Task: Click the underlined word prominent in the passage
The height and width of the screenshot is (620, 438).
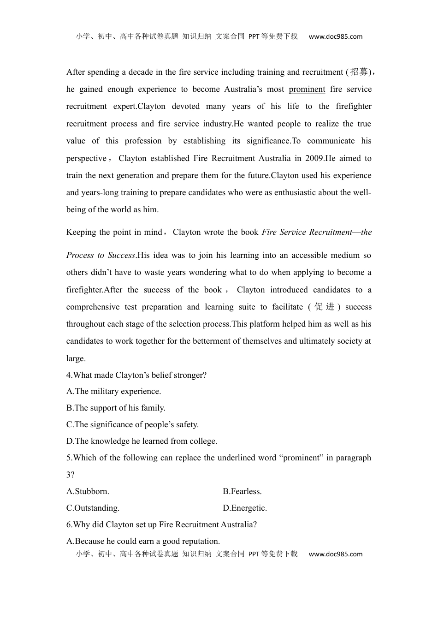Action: [x=307, y=89]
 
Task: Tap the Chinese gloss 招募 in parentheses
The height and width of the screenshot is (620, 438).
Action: [x=359, y=72]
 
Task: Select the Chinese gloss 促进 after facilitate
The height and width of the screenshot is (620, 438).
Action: [x=324, y=307]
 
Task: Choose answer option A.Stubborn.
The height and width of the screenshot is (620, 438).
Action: [x=88, y=491]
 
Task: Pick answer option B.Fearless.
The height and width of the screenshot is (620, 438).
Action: [x=242, y=491]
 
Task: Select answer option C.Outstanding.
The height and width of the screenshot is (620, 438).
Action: [x=93, y=508]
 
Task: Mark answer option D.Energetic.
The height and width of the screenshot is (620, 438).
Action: [x=245, y=508]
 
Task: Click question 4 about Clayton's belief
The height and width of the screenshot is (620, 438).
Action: [x=136, y=375]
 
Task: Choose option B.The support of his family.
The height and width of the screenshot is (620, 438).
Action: [x=116, y=408]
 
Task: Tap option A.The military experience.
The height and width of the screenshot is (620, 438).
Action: [x=113, y=391]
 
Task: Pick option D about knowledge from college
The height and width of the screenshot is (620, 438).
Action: [x=142, y=441]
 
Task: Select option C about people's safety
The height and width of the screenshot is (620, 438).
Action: [x=132, y=424]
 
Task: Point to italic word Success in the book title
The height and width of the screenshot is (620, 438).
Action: [x=122, y=255]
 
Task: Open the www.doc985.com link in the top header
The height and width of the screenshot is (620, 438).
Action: [x=335, y=36]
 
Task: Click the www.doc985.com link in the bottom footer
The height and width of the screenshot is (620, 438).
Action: [x=335, y=554]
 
